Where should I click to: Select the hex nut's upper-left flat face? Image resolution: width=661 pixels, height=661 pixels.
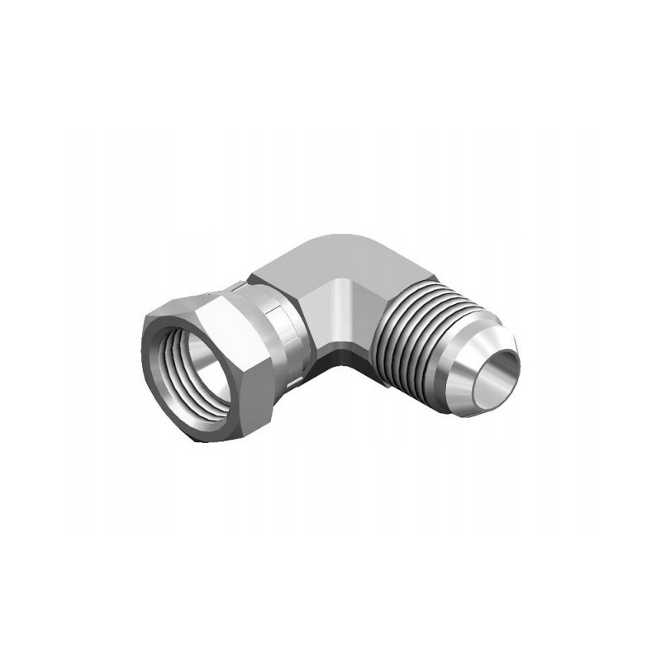165,318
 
